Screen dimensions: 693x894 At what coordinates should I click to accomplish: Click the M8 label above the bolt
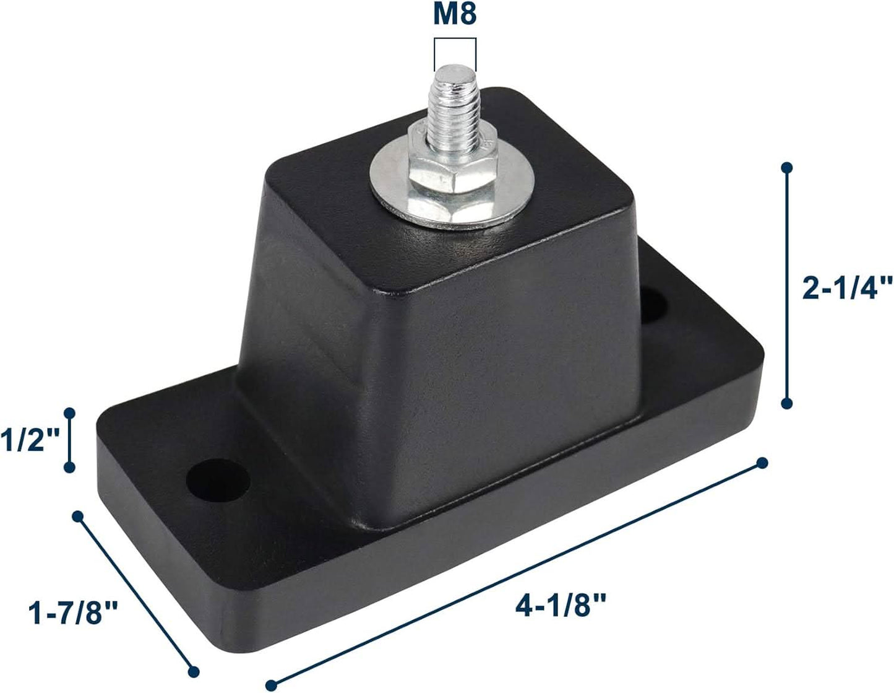click(455, 14)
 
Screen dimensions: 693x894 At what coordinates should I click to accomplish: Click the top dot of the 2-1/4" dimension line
click(787, 168)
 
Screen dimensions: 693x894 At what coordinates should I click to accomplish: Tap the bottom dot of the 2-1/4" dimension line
click(787, 403)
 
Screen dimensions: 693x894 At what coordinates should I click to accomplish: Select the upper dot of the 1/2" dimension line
click(69, 412)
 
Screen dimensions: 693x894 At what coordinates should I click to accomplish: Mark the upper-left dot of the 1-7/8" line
click(78, 516)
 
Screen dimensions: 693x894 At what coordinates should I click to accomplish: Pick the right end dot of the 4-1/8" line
click(762, 463)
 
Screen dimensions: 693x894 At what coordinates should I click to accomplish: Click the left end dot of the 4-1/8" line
click(270, 684)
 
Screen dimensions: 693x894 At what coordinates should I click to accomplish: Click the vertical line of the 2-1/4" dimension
click(787, 285)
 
